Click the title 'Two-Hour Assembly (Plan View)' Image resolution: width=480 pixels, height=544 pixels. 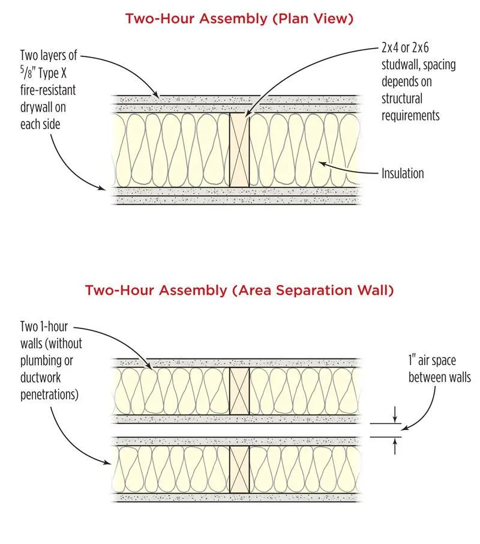(x=239, y=19)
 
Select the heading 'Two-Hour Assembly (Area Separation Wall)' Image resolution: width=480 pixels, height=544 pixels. (x=239, y=291)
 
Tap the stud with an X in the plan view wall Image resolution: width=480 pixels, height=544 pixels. (x=239, y=150)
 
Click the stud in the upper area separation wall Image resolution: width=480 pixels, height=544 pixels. (x=239, y=391)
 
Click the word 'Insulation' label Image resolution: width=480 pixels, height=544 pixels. (x=403, y=174)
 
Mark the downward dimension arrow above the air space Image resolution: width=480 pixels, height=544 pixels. (x=395, y=414)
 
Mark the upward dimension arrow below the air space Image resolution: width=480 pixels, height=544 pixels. (x=395, y=446)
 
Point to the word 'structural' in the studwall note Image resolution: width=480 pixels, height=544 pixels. (x=401, y=98)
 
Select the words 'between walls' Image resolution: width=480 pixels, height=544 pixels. (x=439, y=378)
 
